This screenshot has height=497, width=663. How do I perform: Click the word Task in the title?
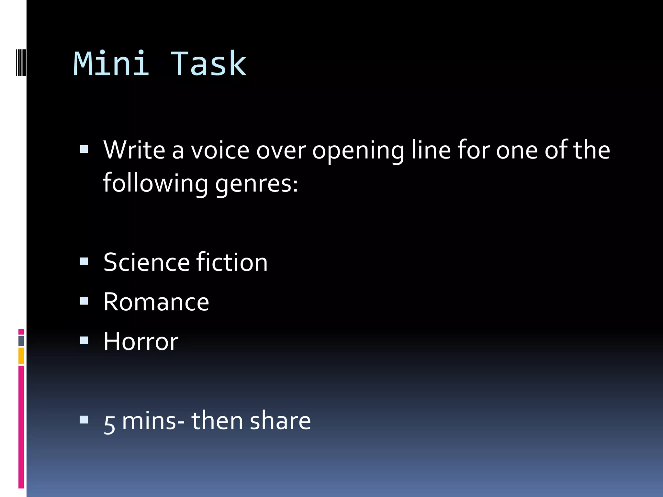(208, 64)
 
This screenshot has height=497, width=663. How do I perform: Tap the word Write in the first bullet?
(134, 150)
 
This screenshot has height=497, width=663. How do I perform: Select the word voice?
(220, 150)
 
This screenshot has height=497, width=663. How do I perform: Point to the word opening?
(358, 151)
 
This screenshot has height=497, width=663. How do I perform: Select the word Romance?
(156, 302)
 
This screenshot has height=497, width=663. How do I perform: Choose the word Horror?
(141, 341)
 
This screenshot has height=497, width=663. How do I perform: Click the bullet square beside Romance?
(84, 301)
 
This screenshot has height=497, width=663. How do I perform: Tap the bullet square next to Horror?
(84, 340)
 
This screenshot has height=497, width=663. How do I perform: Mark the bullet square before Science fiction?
(84, 261)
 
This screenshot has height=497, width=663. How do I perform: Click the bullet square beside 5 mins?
(84, 420)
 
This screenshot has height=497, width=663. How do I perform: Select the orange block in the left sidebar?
(21, 356)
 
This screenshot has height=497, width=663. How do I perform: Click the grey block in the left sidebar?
(21, 341)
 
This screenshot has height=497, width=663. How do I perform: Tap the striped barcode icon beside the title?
(21, 62)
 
